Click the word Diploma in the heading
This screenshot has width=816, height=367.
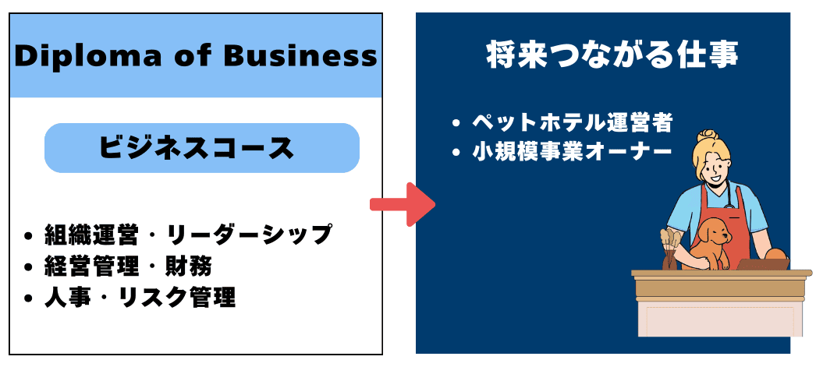[88, 57]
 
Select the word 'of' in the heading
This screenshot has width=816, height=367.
[193, 56]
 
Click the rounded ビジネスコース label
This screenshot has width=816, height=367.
[202, 148]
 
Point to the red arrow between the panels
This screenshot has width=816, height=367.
[403, 204]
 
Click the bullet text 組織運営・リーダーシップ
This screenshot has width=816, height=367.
[188, 235]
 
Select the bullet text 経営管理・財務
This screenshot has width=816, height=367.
[129, 267]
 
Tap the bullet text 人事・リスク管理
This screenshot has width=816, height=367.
[140, 298]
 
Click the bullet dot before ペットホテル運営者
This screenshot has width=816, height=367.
[456, 124]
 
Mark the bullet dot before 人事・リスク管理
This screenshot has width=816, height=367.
[28, 299]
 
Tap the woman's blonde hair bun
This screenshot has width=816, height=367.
[708, 136]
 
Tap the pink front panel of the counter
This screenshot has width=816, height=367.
[720, 318]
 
